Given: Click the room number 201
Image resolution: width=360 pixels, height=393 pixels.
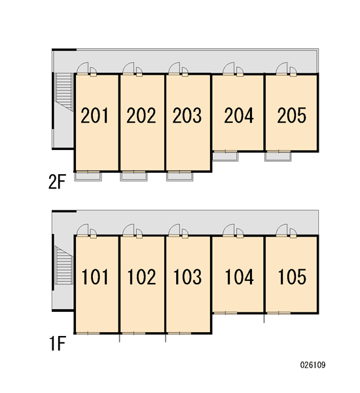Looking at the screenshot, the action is point(94,115).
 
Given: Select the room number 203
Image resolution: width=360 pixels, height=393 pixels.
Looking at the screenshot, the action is point(187,115).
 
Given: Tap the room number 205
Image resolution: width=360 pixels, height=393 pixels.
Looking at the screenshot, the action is point(292,115).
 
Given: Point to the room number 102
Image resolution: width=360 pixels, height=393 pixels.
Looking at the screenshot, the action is point(141,276).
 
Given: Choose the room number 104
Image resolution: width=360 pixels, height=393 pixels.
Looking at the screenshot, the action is point(240,276).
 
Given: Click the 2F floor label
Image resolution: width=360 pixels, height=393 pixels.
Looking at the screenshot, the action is point(57,182).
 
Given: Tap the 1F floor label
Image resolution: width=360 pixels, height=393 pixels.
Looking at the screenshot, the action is point(58,344).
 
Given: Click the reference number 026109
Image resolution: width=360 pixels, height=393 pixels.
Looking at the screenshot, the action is point(313,365).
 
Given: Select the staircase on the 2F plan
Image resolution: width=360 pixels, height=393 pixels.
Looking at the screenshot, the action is point(64,92).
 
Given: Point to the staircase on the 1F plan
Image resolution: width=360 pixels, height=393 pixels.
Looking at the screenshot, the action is point(64,265).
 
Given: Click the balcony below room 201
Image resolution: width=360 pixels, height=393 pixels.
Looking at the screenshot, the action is point(88,176).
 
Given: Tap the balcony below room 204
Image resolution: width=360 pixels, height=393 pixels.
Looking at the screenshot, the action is point(225,157).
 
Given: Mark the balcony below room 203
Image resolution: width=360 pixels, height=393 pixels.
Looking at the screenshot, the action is point(179,176).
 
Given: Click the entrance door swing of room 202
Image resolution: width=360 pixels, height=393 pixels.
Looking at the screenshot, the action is point(128,68).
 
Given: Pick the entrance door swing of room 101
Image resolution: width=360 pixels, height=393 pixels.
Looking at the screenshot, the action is point(82,230).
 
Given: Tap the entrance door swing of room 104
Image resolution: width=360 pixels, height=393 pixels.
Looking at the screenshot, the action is point(228,230).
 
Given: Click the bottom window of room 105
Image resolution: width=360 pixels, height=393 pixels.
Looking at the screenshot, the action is point(278,313).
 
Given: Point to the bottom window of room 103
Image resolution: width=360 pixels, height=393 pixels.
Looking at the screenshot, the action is point(179,333).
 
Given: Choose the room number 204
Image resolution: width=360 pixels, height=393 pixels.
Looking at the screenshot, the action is point(239,115).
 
